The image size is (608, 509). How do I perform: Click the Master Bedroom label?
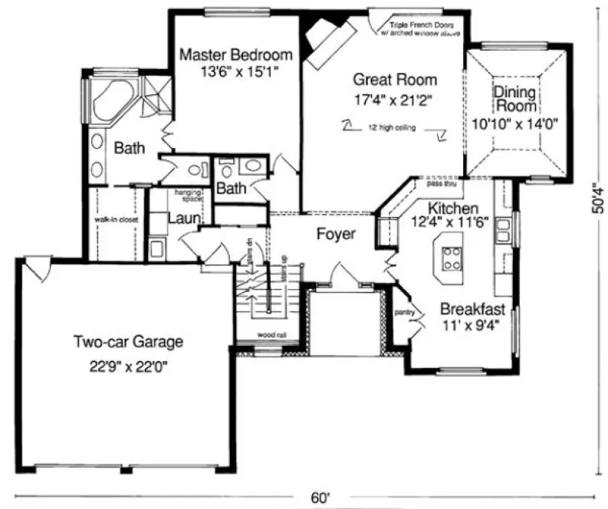coord(235,55)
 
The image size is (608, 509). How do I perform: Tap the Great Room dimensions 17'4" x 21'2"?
coord(395,98)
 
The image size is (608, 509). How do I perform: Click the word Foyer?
coord(336,234)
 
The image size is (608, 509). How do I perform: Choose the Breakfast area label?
coord(472,310)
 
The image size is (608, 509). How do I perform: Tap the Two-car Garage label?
coord(128,342)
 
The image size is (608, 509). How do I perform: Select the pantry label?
coord(404,313)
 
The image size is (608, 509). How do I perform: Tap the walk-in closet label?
coord(116,219)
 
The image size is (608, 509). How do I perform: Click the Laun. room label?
coord(184,218)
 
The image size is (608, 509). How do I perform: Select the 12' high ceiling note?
coord(390,128)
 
